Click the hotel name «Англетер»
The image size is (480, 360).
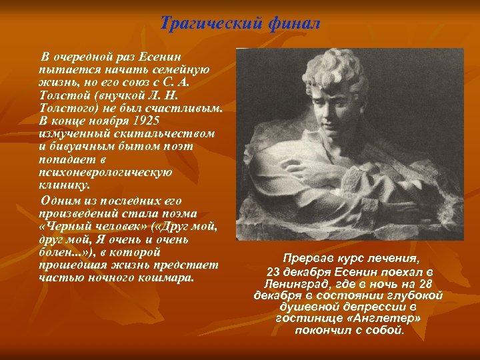tap(386, 319)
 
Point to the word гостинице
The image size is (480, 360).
tap(308, 319)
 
